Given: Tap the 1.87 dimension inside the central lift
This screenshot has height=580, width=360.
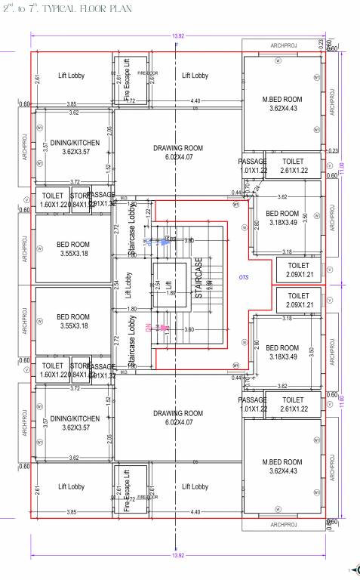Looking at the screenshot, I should click(171, 292).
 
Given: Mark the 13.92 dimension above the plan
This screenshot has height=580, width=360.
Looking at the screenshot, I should click(179, 36).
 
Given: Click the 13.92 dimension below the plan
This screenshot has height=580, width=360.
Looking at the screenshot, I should click(179, 555).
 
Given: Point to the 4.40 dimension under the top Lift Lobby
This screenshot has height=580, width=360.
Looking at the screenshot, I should click(195, 100).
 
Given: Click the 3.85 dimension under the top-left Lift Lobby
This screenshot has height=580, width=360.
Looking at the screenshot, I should click(71, 103).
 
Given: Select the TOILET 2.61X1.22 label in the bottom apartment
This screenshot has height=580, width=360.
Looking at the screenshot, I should click(293, 404).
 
